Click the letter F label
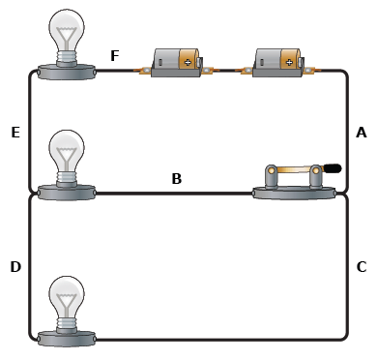pos(115,55)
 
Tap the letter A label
pos(362,133)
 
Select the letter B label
pos(177,178)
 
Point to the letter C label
pos(362,267)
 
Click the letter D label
pos(15,267)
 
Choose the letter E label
pos(15,133)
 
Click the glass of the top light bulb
pos(67,30)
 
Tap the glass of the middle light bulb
pos(67,151)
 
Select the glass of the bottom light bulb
pos(67,297)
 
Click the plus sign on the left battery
pos(188,62)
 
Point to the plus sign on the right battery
pos(289,62)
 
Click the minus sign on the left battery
pos(161,62)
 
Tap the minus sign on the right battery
pos(262,62)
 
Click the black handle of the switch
pos(332,167)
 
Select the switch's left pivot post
pos(272,176)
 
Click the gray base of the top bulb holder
pos(67,72)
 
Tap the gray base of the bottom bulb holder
pos(67,339)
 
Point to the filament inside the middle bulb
pos(67,157)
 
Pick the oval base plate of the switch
pos(294,193)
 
